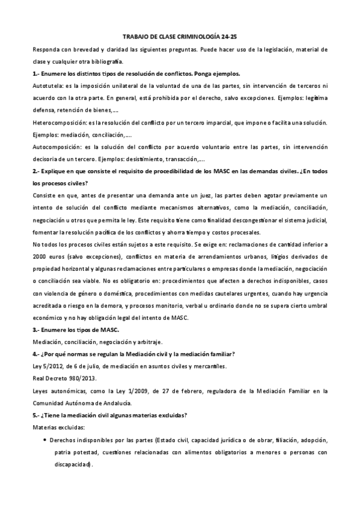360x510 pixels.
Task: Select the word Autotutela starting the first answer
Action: tap(47, 85)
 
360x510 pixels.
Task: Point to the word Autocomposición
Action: tap(56, 147)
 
